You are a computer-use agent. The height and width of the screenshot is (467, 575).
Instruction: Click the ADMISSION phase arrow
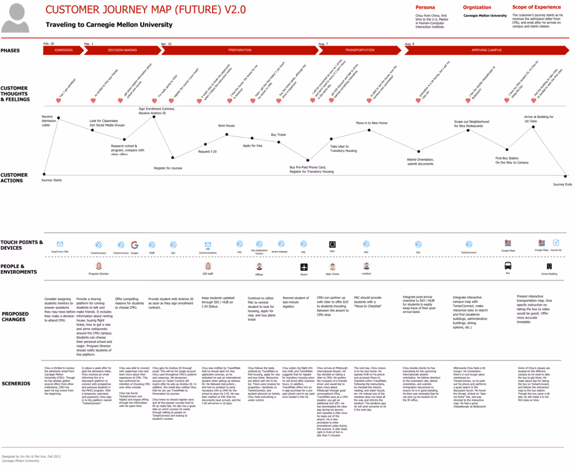[x=63, y=50]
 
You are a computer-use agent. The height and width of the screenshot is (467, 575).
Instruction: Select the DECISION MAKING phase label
[x=122, y=50]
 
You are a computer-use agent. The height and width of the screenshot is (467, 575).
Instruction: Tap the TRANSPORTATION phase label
[x=359, y=50]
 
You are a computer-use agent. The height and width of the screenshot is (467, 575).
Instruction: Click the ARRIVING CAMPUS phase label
[x=486, y=50]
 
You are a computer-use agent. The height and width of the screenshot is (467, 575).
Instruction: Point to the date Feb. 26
[x=49, y=43]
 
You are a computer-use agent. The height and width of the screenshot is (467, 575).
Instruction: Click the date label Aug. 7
[x=323, y=43]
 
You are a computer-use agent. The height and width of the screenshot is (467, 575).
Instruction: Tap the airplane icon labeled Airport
[x=304, y=267]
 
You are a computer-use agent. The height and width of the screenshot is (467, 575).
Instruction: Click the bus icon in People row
[x=508, y=266]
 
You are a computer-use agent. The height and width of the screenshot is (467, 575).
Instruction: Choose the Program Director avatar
[x=98, y=266]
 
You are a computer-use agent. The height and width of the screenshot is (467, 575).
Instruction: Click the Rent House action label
[x=226, y=125]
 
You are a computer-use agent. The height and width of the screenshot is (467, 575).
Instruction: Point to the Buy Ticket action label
[x=278, y=134]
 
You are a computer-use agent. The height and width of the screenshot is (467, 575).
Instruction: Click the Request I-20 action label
[x=207, y=151]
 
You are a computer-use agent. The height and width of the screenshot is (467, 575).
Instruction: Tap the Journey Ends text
[x=562, y=184]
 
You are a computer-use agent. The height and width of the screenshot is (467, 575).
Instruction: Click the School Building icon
[x=549, y=266]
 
